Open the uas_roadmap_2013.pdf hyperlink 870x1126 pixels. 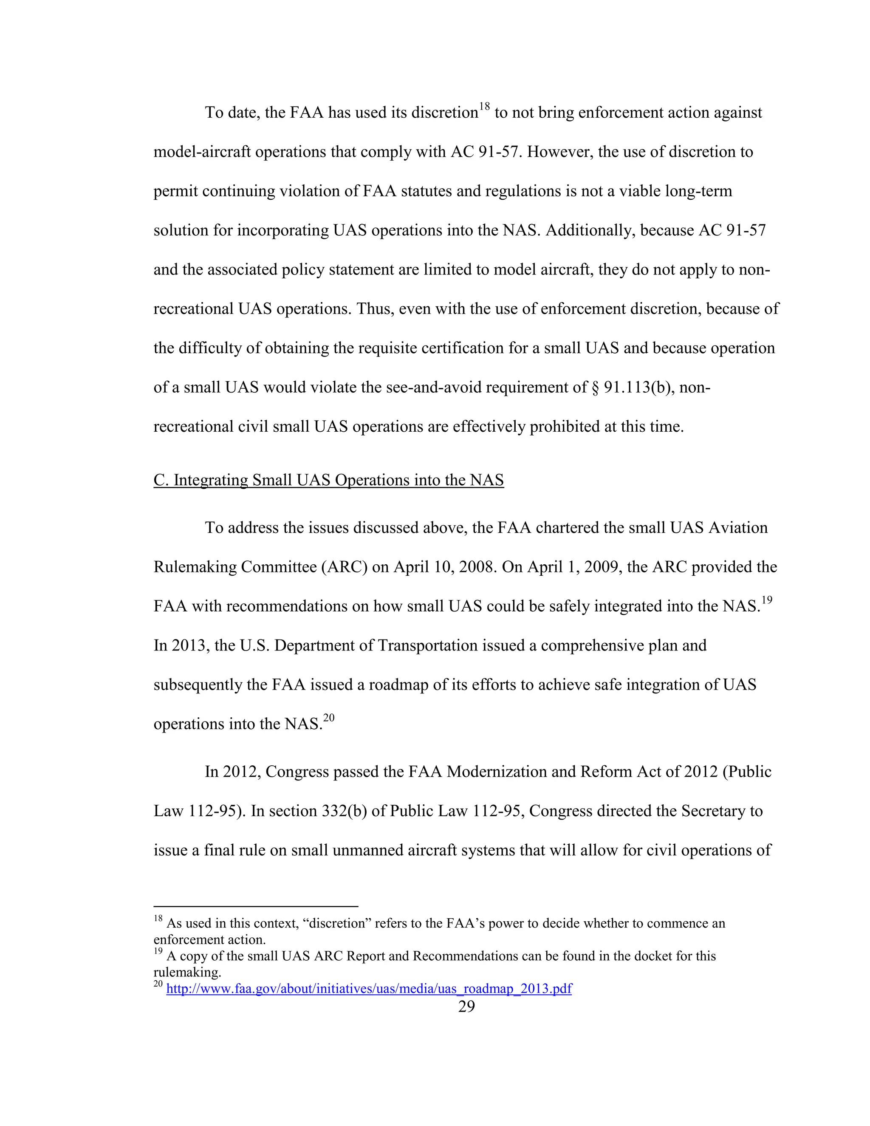click(x=369, y=988)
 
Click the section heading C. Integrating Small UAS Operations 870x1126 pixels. click(x=328, y=480)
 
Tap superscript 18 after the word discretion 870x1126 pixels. click(x=484, y=107)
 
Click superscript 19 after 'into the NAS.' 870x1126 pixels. click(x=767, y=600)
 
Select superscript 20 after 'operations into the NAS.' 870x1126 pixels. click(x=329, y=718)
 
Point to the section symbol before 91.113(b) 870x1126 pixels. click(x=595, y=387)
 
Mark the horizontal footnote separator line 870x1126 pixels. click(x=256, y=906)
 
